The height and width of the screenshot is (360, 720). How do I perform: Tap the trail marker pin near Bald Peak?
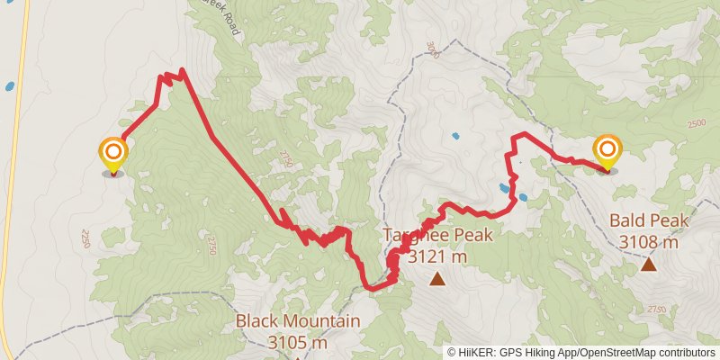(x=607, y=151)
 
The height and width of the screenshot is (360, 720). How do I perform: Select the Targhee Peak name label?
(x=438, y=236)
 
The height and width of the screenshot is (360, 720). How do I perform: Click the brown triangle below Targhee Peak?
(x=437, y=279)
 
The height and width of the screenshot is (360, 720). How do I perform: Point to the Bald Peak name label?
(x=648, y=220)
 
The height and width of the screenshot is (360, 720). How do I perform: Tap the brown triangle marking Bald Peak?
(x=648, y=264)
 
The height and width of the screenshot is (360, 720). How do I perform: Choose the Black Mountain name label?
(x=298, y=321)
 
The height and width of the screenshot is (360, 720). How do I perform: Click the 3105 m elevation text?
(x=298, y=342)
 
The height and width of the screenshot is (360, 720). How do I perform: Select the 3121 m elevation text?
(x=438, y=257)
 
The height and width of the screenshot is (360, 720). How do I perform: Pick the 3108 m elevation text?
(x=648, y=242)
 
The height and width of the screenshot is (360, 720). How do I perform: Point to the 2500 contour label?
(x=697, y=124)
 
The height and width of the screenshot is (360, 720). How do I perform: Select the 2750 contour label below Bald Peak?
(x=654, y=309)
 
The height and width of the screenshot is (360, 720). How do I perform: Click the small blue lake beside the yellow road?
(x=9, y=87)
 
